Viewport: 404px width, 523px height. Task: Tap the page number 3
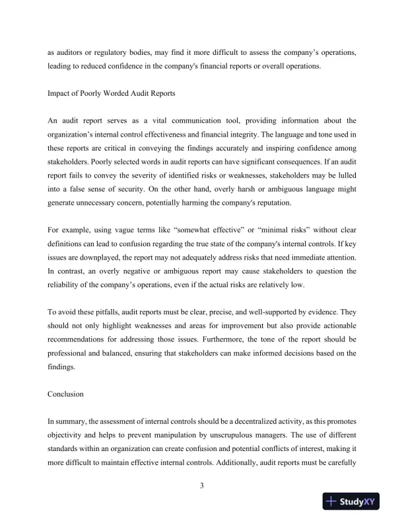tap(202, 487)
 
